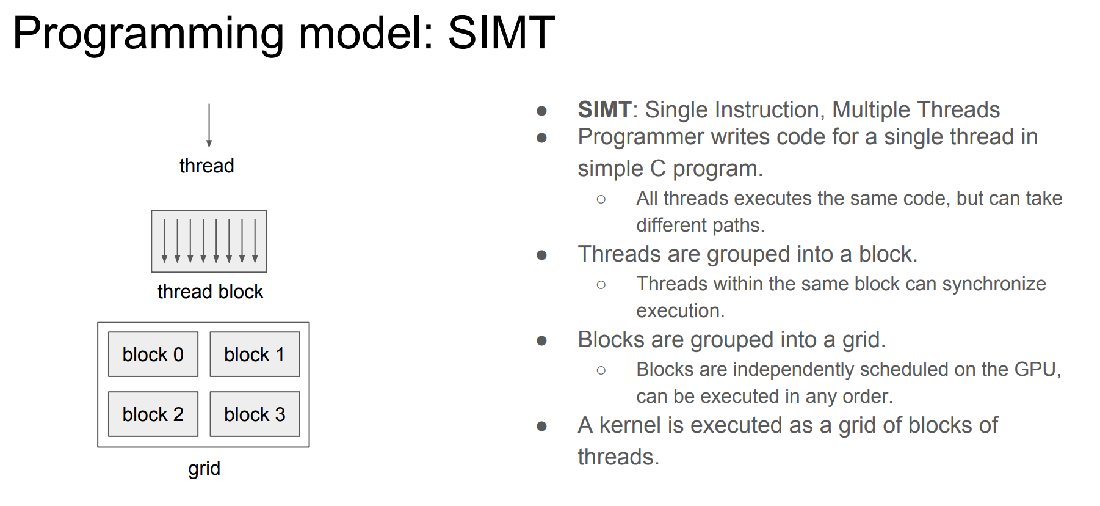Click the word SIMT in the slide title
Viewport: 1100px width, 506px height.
[x=501, y=32]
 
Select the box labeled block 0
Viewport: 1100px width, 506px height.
[x=153, y=354]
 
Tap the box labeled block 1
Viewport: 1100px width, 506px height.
[x=255, y=354]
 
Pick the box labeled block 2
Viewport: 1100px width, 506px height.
[x=153, y=414]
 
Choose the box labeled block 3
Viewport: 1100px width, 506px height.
[x=255, y=414]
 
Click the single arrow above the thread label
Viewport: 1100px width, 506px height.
[x=209, y=125]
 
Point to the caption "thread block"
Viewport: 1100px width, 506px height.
[x=210, y=291]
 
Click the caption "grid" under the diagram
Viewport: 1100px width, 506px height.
[x=204, y=469]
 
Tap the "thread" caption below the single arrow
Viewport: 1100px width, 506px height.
[x=206, y=166]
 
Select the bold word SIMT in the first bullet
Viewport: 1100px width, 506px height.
[x=604, y=110]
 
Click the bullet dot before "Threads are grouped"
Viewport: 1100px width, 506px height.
[x=541, y=255]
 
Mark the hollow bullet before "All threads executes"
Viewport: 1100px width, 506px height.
[x=601, y=199]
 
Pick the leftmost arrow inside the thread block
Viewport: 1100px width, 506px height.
[x=164, y=241]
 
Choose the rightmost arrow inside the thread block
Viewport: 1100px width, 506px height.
[x=255, y=241]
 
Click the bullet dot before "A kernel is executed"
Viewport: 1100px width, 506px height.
[x=541, y=426]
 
